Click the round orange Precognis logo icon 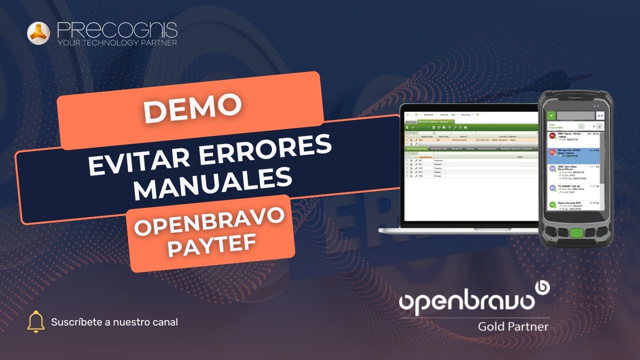tap(38, 33)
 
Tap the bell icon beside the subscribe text tap(36, 321)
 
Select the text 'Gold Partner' tap(513, 327)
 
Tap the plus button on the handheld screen tap(599, 126)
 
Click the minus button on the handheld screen tap(581, 126)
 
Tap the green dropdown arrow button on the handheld tap(551, 115)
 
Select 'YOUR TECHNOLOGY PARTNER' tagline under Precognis tap(117, 43)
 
